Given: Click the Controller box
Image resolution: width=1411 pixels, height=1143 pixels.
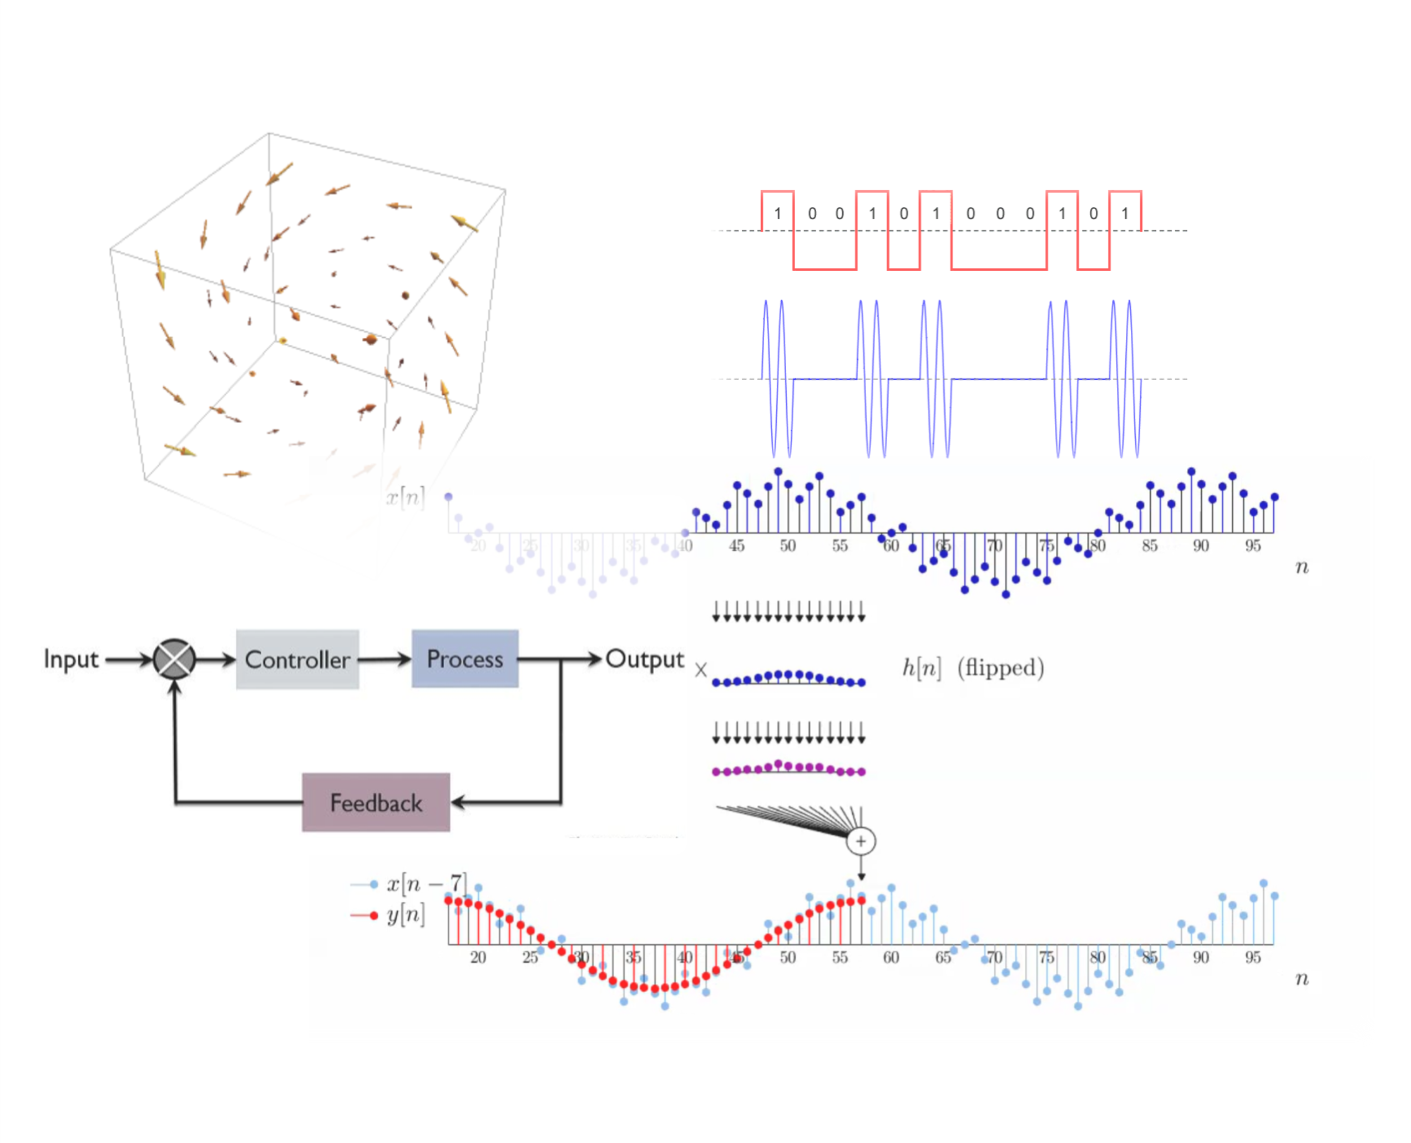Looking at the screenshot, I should click(x=297, y=659).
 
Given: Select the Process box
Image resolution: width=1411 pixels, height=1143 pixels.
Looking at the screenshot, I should click(x=464, y=658).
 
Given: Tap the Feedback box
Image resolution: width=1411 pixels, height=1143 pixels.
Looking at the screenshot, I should click(x=376, y=802).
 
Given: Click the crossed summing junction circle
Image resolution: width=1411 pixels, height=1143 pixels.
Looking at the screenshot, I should click(x=174, y=658).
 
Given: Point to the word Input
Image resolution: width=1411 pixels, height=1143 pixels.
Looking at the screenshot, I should click(x=70, y=658).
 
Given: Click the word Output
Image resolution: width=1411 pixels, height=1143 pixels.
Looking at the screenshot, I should click(x=644, y=658).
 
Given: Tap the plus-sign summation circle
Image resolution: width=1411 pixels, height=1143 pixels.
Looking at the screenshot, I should click(x=860, y=841).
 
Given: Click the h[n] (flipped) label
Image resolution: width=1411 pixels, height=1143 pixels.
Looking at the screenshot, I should click(x=972, y=668).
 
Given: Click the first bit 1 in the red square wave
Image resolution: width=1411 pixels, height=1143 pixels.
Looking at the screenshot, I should click(x=777, y=214).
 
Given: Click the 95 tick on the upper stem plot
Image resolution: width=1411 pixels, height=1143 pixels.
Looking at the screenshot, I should click(x=1252, y=545).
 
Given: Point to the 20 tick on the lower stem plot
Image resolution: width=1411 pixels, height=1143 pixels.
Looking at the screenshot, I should click(x=478, y=957).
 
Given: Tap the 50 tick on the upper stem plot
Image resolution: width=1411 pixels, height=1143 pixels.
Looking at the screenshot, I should click(x=787, y=545).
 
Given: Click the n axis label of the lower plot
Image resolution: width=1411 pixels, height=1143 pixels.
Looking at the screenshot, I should click(x=1302, y=979).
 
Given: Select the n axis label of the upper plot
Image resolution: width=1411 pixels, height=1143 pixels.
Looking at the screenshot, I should click(x=1302, y=567).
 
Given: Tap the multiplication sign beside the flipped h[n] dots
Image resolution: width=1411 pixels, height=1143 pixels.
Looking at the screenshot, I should click(x=700, y=670).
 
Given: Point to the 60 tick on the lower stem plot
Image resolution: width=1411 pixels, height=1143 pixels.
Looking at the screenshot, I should click(x=891, y=957).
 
